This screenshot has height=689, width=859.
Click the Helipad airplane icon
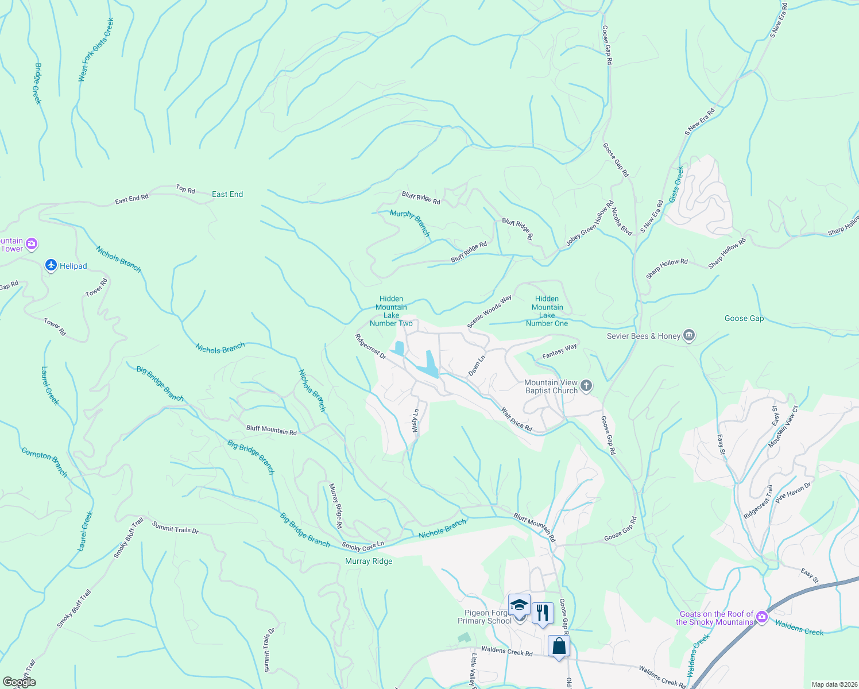[x=51, y=265]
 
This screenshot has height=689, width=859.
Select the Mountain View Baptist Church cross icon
[x=586, y=386]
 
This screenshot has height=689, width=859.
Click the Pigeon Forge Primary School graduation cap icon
[x=519, y=606]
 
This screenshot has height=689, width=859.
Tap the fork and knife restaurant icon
[x=542, y=613]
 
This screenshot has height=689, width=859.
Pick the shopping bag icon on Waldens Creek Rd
[x=559, y=647]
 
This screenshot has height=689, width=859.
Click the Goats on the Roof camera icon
[x=761, y=617]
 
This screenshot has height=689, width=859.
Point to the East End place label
[x=227, y=195]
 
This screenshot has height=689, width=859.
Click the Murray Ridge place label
[x=369, y=561]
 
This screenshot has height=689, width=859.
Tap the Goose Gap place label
[x=744, y=318]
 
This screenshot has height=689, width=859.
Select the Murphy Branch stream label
[x=410, y=223]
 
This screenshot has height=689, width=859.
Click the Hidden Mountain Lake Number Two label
[x=391, y=311]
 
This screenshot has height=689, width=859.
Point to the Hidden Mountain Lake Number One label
[x=547, y=311]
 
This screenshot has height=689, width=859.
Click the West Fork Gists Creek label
[x=96, y=50]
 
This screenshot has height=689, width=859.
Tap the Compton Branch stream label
[x=44, y=462]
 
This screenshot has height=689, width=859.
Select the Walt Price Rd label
[x=517, y=419]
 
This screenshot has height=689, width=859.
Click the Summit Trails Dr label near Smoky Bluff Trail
[x=175, y=528]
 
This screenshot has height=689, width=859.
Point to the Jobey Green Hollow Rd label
[x=590, y=224]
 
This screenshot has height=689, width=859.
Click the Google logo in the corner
[x=19, y=682]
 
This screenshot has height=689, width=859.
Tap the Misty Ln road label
[x=416, y=421]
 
